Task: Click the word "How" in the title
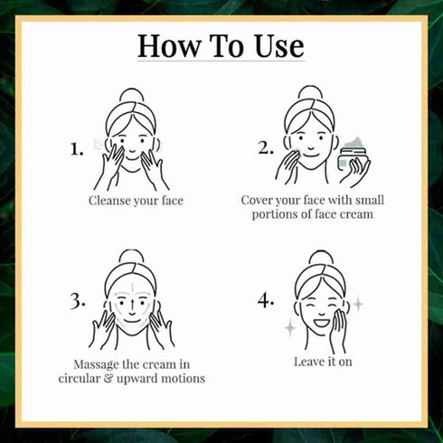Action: (169, 46)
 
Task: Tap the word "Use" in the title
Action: (279, 46)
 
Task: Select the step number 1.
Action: (77, 149)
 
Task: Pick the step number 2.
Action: (266, 148)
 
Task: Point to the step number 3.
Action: (77, 301)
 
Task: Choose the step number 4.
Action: (266, 301)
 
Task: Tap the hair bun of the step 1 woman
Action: (132, 96)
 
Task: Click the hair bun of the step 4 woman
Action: (321, 258)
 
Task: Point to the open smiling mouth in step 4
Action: (322, 323)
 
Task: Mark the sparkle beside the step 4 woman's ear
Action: (358, 304)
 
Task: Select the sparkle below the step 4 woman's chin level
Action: (290, 327)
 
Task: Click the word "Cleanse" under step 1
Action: (108, 201)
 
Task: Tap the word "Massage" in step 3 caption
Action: (96, 365)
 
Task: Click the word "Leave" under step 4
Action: (307, 362)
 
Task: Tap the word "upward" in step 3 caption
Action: (137, 379)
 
